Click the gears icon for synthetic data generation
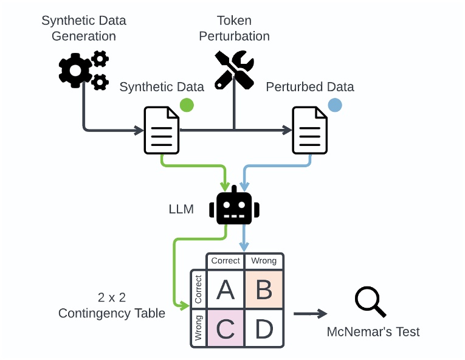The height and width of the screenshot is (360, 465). pyautogui.click(x=84, y=71)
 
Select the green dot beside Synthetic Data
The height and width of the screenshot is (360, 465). pyautogui.click(x=187, y=105)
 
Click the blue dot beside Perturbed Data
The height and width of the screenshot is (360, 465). pyautogui.click(x=334, y=105)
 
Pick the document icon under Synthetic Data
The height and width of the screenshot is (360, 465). pyautogui.click(x=162, y=130)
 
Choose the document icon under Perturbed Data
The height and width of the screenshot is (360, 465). pyautogui.click(x=310, y=130)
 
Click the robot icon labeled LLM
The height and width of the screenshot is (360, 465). pyautogui.click(x=234, y=207)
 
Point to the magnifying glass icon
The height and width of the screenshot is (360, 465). pyautogui.click(x=370, y=302)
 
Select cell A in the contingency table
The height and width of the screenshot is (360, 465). pyautogui.click(x=226, y=290)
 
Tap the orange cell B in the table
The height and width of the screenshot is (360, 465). pyautogui.click(x=264, y=290)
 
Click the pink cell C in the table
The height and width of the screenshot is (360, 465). pyautogui.click(x=226, y=328)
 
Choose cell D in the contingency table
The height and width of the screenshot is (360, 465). pyautogui.click(x=264, y=328)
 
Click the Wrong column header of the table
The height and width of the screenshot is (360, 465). pyautogui.click(x=264, y=261)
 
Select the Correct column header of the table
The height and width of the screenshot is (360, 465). pyautogui.click(x=226, y=261)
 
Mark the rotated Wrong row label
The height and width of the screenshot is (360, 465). pyautogui.click(x=198, y=328)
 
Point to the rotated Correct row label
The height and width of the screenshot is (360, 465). pyautogui.click(x=198, y=290)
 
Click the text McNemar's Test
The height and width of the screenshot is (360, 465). pyautogui.click(x=373, y=332)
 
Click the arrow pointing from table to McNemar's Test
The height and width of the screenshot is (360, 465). pyautogui.click(x=310, y=314)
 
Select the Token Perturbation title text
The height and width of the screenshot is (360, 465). pyautogui.click(x=234, y=29)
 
